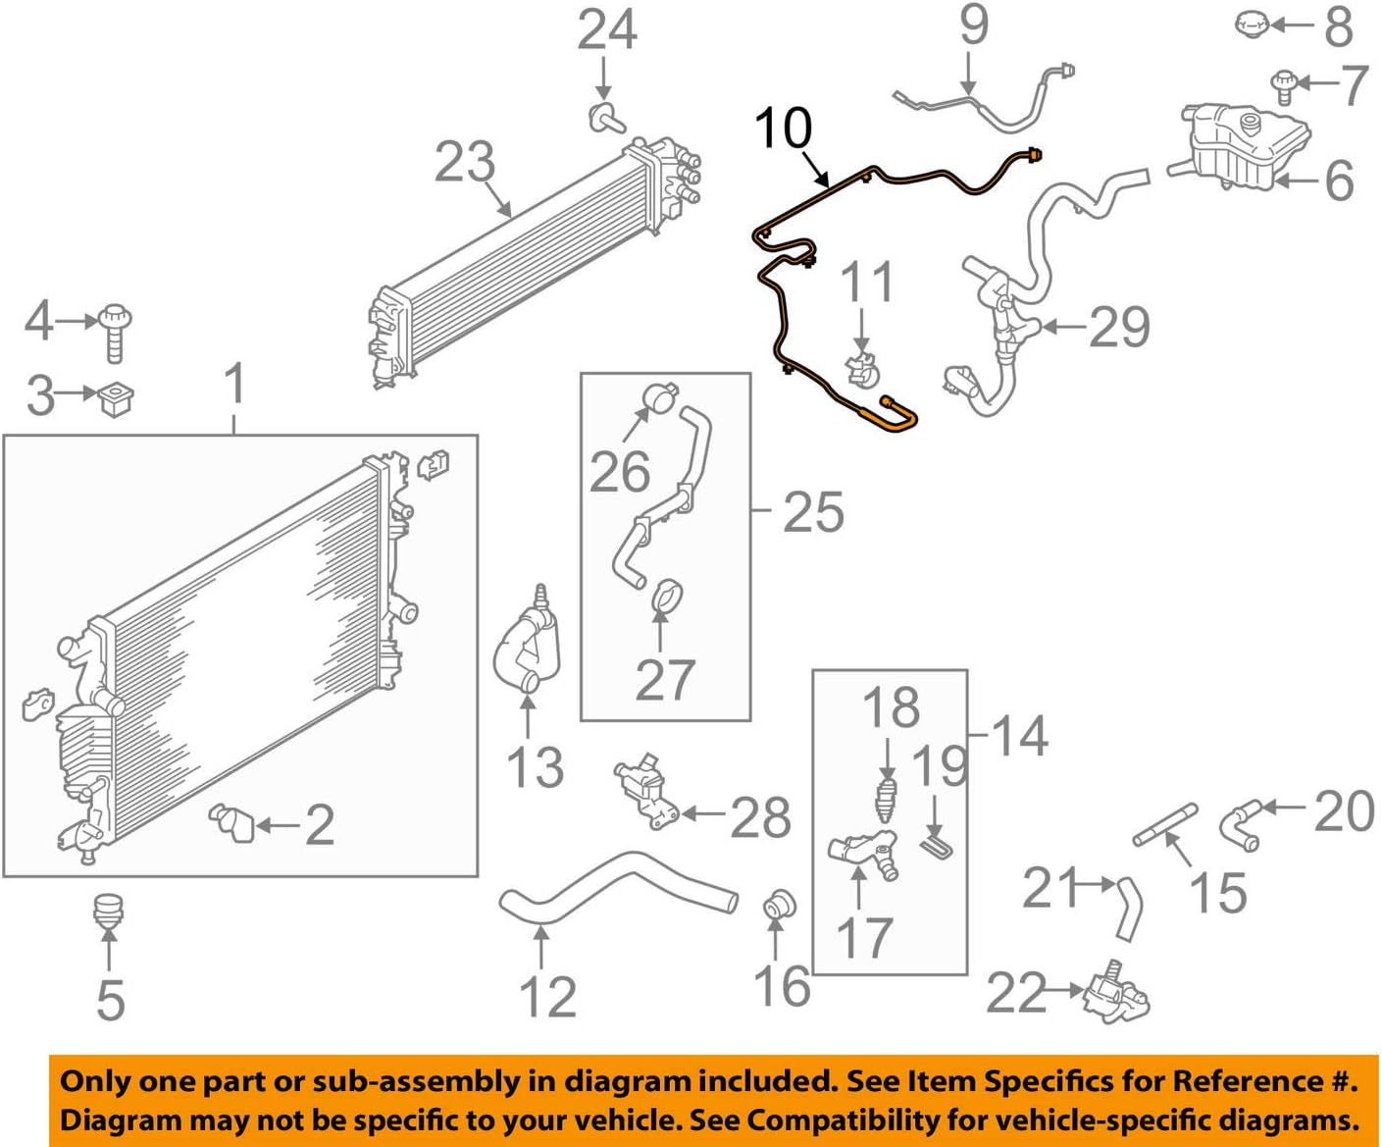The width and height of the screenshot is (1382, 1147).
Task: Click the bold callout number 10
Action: pos(784,129)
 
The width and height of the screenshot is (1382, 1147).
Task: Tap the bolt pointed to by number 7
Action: pos(1282,85)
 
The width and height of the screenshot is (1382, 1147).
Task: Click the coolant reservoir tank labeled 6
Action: pos(1246,147)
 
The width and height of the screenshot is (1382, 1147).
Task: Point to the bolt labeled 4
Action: pos(115,332)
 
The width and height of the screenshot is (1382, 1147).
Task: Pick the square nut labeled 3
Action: pos(117,398)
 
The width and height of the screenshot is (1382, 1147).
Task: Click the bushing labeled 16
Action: pos(779,906)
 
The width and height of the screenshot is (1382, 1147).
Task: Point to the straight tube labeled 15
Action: pos(1166,823)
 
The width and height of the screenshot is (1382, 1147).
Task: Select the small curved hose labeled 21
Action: pos(1128,908)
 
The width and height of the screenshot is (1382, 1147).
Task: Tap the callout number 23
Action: pos(465,163)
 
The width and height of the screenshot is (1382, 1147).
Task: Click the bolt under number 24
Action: pos(605,117)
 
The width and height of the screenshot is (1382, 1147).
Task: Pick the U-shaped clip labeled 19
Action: pos(937,844)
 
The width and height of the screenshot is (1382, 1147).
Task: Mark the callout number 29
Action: pos(1119,328)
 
